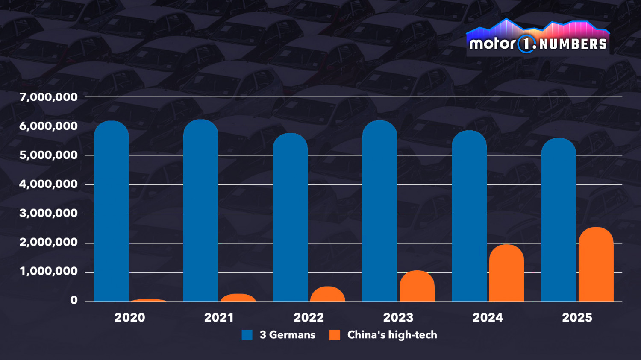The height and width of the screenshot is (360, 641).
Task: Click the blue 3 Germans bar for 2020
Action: click(112, 211)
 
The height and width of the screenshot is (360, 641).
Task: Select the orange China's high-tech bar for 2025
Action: click(596, 265)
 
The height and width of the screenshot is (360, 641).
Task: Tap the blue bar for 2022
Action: click(290, 218)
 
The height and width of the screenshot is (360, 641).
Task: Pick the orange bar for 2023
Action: click(417, 287)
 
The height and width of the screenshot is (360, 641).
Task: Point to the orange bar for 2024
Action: click(506, 273)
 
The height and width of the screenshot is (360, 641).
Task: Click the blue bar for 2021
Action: click(201, 211)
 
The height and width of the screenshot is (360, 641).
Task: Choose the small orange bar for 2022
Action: click(328, 294)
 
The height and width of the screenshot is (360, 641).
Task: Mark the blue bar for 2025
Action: click(559, 220)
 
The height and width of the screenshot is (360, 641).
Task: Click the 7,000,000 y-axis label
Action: click(49, 97)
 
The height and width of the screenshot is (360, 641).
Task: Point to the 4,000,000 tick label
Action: click(49, 184)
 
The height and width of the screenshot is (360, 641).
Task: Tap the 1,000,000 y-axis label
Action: click(49, 271)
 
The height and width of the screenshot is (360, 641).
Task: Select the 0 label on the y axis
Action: click(74, 300)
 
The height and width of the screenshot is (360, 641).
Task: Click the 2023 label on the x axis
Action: click(398, 318)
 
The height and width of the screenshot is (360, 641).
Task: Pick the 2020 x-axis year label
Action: click(130, 318)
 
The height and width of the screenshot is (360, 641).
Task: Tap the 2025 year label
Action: click(577, 318)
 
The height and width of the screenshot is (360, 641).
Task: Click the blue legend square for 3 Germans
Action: click(247, 335)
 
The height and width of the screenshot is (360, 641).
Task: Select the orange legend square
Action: click(335, 335)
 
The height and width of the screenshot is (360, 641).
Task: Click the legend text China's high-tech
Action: click(392, 335)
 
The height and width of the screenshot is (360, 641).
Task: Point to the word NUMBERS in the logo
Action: click(573, 44)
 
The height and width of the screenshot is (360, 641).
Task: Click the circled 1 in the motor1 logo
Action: click(526, 44)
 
